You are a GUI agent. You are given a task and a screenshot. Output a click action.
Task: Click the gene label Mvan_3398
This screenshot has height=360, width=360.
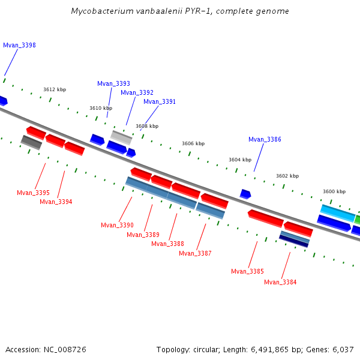point(19,46)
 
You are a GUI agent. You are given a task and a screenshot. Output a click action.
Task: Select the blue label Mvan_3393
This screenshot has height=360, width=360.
point(113,84)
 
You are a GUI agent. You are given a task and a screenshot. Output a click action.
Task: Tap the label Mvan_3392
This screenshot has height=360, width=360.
point(137,93)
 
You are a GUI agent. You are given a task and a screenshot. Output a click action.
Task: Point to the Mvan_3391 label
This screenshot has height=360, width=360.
point(160,102)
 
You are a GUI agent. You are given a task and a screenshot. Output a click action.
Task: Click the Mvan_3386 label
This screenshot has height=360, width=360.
point(265,140)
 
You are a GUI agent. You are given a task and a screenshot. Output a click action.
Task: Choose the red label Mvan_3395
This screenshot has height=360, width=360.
point(33,193)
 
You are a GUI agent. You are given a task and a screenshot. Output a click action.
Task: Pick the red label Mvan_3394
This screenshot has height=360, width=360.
point(56,202)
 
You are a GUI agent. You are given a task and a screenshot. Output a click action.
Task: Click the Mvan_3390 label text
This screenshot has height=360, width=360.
point(117,226)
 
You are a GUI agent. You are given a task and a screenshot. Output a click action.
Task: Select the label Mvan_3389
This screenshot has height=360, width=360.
point(143,235)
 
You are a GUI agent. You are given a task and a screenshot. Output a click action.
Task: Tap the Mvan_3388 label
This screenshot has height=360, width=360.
point(167,244)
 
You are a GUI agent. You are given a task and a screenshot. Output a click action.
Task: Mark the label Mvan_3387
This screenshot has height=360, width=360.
point(195,254)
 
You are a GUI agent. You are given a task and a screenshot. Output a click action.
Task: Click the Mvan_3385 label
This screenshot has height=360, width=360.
point(247,272)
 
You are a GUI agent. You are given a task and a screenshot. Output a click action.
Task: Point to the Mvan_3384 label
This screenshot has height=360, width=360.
point(280,283)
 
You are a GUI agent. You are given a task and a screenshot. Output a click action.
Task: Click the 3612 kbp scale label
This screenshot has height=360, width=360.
point(55,90)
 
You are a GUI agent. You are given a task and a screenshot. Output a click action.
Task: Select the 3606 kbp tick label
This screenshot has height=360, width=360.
point(193,144)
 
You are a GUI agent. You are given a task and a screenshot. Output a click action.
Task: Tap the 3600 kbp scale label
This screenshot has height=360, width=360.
point(334,192)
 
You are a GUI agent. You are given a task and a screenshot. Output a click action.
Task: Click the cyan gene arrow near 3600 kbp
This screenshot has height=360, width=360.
point(338,212)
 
